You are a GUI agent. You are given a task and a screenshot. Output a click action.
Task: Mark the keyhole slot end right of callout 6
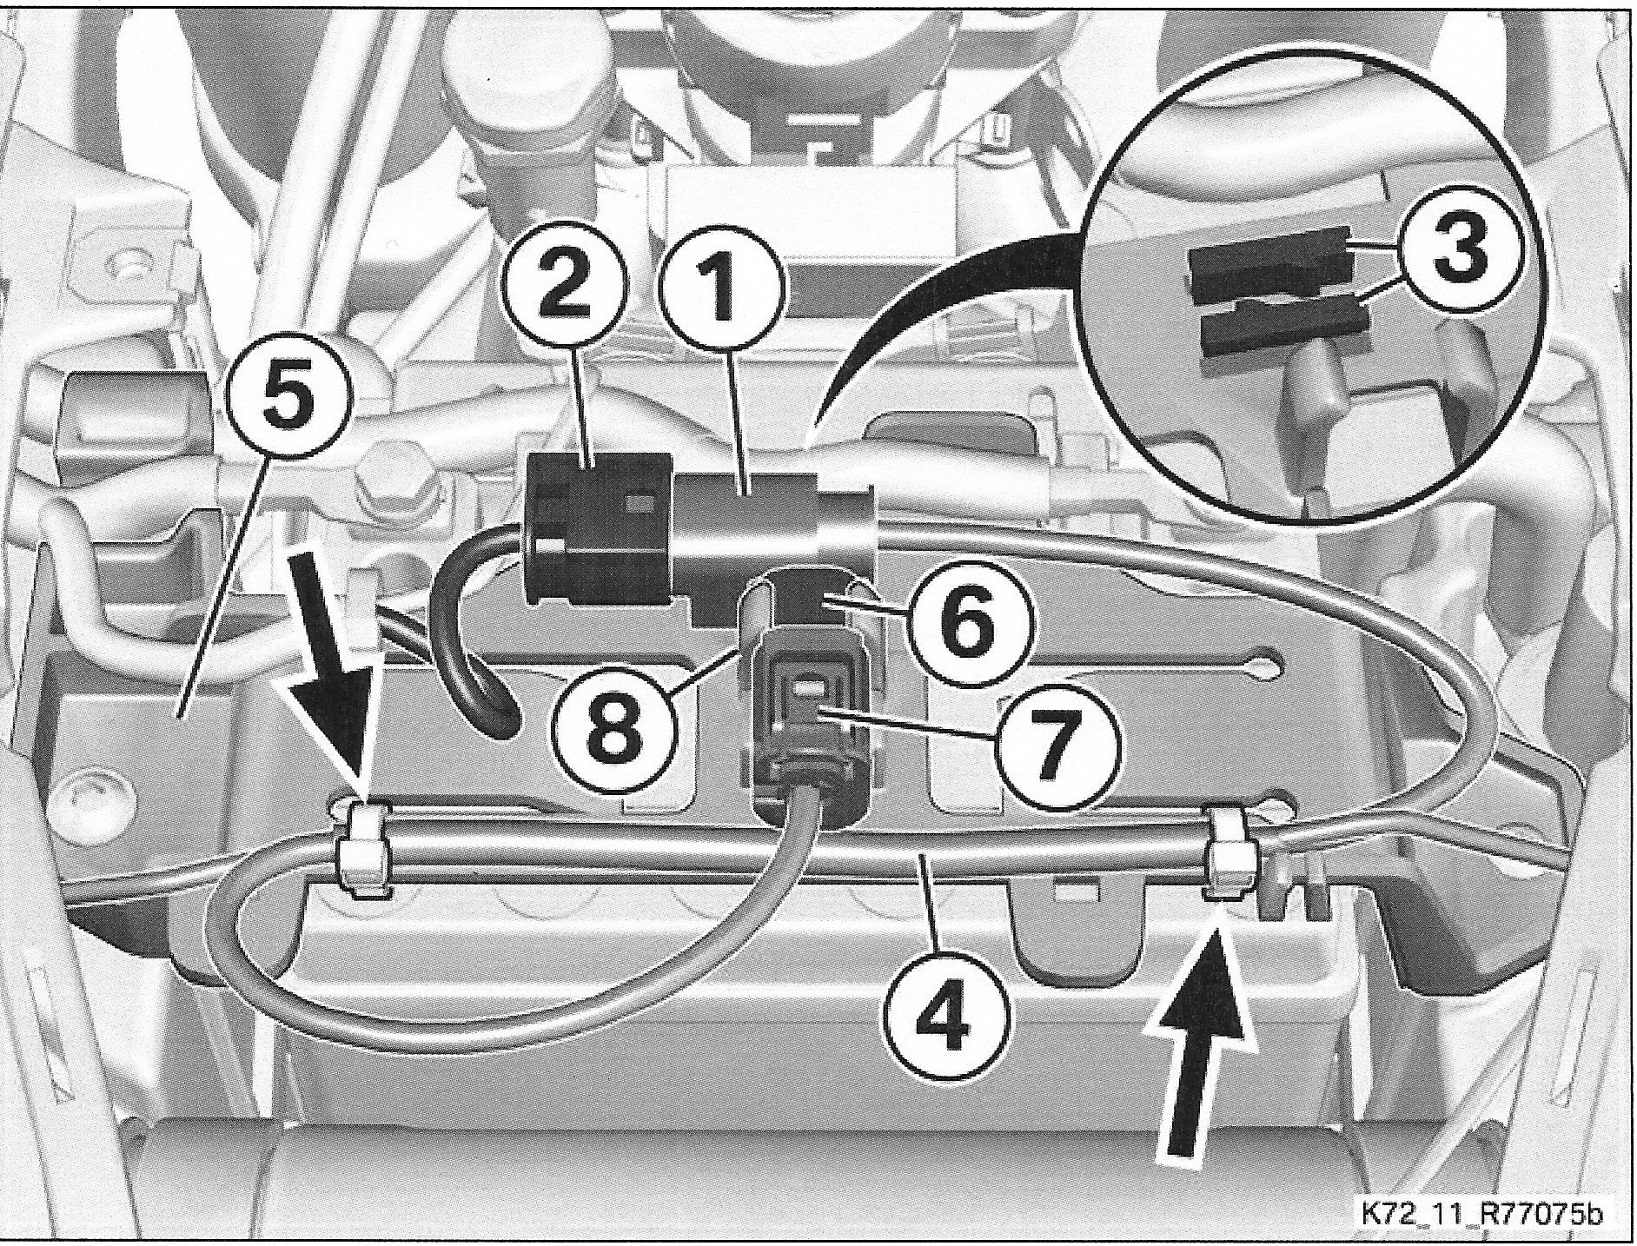(x=1268, y=665)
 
